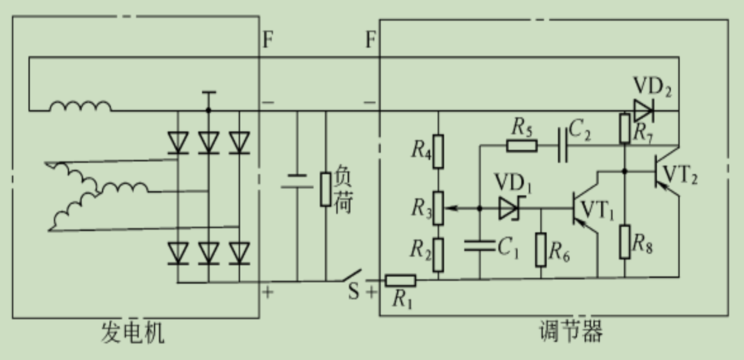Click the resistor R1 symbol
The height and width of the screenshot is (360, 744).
[x=400, y=280]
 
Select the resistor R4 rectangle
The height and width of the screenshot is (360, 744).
[x=438, y=151]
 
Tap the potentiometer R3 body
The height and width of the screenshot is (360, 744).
[x=438, y=208]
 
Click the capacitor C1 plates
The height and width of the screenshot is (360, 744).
[x=479, y=244]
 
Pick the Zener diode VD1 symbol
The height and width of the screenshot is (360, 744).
[x=509, y=209]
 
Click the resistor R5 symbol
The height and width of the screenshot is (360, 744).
[x=521, y=145]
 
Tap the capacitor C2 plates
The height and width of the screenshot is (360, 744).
[x=562, y=145]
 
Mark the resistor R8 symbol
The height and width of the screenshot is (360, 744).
[x=625, y=241]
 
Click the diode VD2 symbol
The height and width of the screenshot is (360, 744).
[x=643, y=111]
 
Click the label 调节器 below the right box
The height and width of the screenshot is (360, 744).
[x=570, y=332]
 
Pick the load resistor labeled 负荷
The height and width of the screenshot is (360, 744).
[x=326, y=189]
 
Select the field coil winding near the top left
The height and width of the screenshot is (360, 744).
[x=81, y=106]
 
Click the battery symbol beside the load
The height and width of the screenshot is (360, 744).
[x=297, y=182]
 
